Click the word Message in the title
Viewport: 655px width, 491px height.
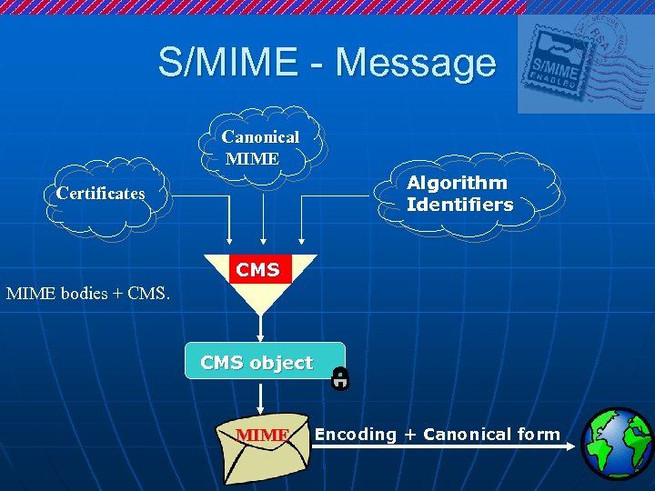pos(416,63)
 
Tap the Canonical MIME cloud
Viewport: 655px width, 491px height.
pos(261,147)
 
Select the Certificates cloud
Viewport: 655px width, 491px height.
pos(100,194)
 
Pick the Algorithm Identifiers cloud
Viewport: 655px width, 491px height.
pos(459,194)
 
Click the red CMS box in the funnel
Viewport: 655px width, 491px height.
pos(259,270)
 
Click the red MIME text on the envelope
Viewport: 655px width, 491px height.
pos(263,436)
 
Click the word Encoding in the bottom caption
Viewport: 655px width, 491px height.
pos(356,435)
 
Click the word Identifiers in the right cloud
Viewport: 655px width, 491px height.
pos(459,205)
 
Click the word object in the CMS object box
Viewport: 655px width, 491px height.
pos(282,363)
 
